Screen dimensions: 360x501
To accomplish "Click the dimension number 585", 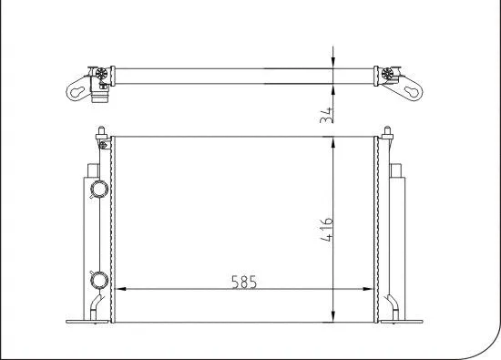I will (x=241, y=282).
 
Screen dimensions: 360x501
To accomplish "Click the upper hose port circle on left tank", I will (x=97, y=190).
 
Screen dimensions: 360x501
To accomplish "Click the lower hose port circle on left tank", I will (x=97, y=279).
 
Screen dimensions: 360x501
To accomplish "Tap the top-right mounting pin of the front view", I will (x=390, y=133).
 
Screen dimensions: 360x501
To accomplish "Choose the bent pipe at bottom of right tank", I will (x=393, y=305).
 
